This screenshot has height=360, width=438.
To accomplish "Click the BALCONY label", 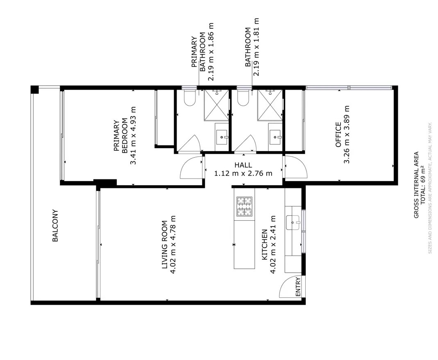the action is [x=55, y=226].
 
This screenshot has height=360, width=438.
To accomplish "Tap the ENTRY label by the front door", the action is [x=298, y=287].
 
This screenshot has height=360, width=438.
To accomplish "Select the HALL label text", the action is [x=243, y=165].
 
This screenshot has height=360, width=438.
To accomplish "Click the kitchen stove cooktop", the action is [x=245, y=206].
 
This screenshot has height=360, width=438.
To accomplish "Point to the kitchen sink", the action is [x=293, y=222].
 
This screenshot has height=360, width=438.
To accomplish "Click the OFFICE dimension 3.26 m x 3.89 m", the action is [x=347, y=134].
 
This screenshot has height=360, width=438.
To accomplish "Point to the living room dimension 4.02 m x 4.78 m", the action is [x=172, y=245].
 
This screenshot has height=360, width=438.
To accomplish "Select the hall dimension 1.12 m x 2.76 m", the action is [x=243, y=173].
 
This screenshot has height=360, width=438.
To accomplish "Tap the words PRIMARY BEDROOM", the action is [x=121, y=136].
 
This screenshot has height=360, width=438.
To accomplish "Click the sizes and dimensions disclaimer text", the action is [x=430, y=188].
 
